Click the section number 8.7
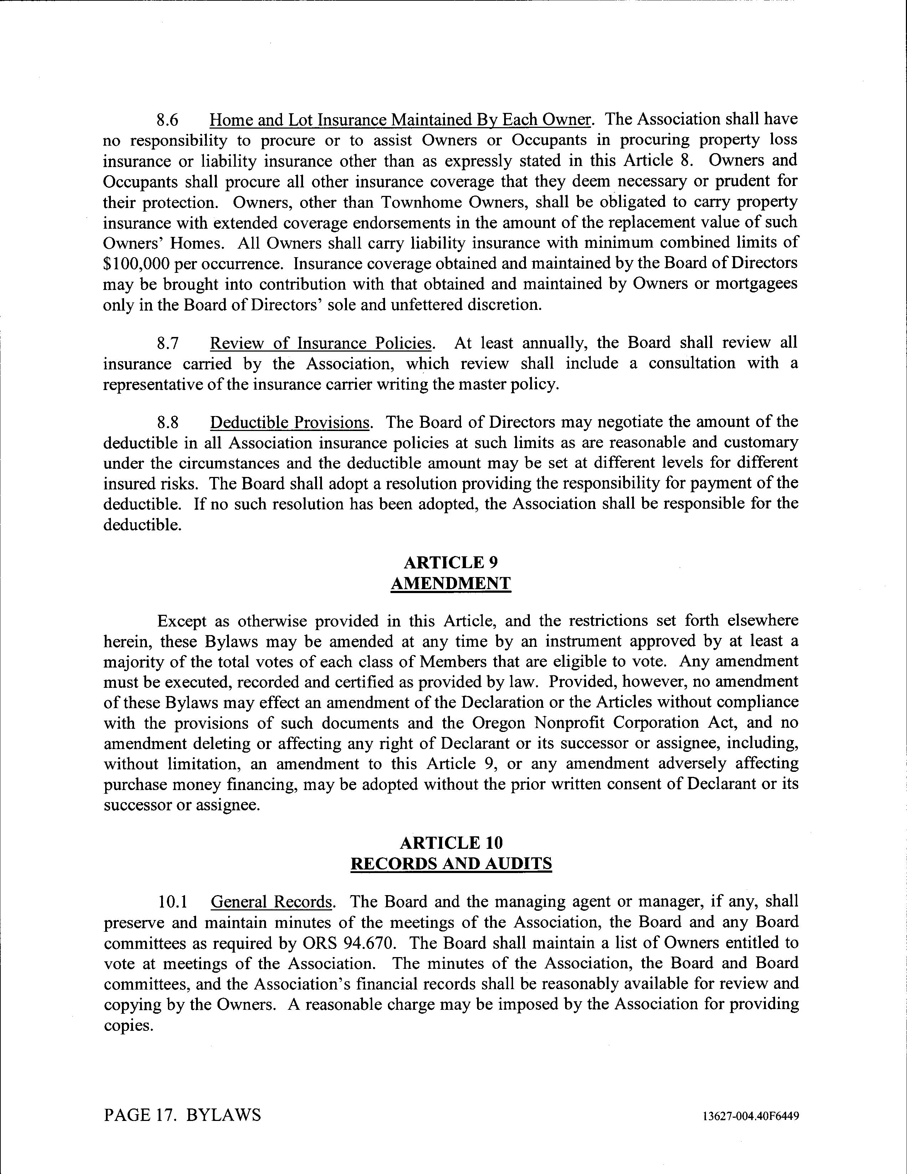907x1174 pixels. click(x=167, y=343)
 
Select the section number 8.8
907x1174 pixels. click(x=167, y=422)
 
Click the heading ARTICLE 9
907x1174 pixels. click(x=450, y=563)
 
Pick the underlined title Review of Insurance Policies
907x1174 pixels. click(x=321, y=343)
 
